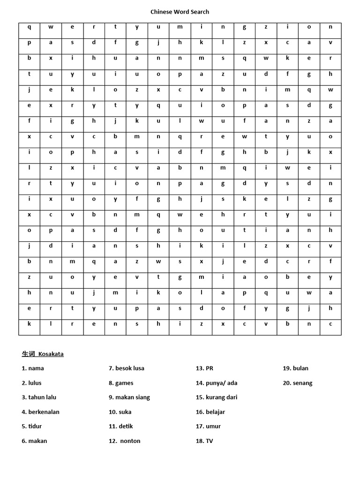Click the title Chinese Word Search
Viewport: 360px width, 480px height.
(180, 12)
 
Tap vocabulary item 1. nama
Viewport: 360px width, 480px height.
(33, 368)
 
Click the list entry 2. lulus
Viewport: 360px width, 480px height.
(32, 383)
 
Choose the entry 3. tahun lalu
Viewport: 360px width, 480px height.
(39, 397)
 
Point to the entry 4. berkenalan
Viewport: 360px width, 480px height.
(40, 412)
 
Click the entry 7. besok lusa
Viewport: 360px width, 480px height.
(127, 368)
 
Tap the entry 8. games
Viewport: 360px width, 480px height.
(121, 383)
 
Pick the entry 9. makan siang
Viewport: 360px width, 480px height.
(129, 397)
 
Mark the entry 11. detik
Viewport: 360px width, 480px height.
(121, 427)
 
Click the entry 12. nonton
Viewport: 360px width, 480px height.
(125, 441)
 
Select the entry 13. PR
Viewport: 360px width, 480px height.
(204, 368)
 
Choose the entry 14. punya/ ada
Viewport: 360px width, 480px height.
(217, 383)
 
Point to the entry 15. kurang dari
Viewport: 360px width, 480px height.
(217, 397)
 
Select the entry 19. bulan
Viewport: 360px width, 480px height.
(295, 368)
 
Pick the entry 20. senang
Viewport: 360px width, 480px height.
(297, 383)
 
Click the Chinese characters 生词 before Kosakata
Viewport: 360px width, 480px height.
(28, 354)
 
